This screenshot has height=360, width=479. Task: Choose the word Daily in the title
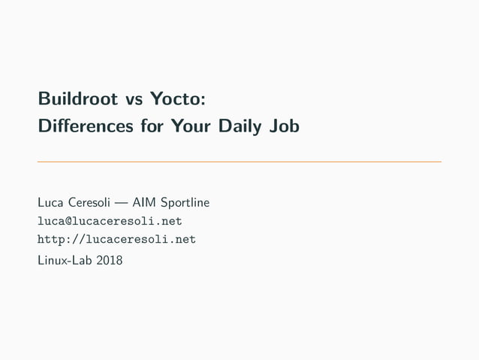231,127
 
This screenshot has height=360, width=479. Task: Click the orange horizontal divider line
239,162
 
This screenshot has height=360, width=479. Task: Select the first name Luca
50,202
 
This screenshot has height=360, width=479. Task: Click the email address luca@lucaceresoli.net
110,221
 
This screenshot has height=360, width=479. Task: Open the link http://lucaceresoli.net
116,240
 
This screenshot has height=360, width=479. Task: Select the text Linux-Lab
65,260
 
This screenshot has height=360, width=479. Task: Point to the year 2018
109,260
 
